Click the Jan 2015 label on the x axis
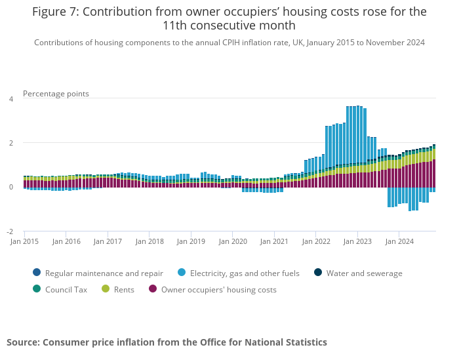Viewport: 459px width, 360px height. click(x=25, y=241)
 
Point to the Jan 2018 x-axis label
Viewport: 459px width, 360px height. click(x=150, y=241)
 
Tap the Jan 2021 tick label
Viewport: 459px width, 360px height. click(x=275, y=241)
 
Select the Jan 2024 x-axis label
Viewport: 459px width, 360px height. click(x=399, y=241)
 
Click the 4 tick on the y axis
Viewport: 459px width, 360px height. click(x=10, y=99)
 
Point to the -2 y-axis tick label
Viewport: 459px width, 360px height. click(x=9, y=231)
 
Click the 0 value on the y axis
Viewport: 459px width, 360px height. click(x=10, y=187)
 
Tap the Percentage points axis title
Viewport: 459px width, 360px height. click(x=56, y=94)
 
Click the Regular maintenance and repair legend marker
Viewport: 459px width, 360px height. click(x=36, y=273)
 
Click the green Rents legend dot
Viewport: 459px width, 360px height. click(x=106, y=289)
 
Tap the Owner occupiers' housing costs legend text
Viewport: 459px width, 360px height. click(x=218, y=289)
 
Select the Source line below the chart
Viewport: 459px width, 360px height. click(x=167, y=342)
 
